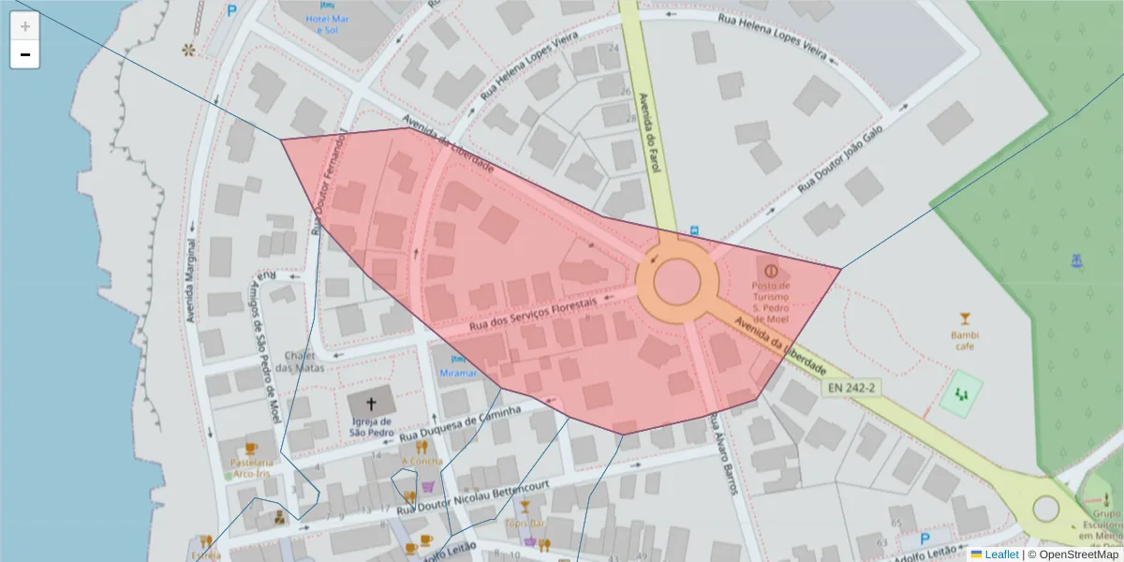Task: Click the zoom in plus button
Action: point(25,26)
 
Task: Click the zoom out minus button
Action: point(25,55)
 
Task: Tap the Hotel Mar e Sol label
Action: point(327,23)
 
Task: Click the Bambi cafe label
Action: point(965,339)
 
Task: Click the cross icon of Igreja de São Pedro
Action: point(371,405)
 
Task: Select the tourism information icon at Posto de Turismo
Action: point(771,270)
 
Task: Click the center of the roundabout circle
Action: point(676,280)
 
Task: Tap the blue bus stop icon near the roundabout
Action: point(694,230)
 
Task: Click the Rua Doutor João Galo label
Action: point(840,161)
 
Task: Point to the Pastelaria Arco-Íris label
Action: point(254,467)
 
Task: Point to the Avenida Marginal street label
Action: point(192,281)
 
